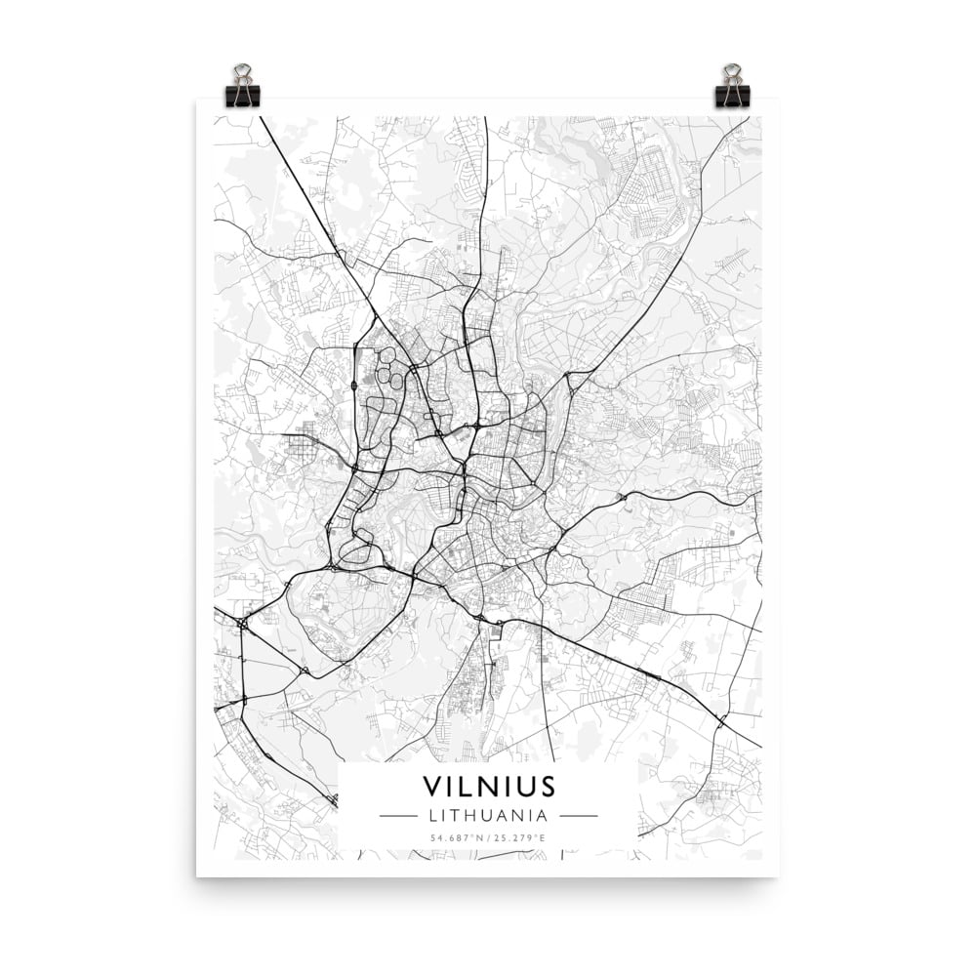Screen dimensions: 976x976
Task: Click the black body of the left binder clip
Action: pyautogui.click(x=242, y=96)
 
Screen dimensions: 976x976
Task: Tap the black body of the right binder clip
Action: pyautogui.click(x=732, y=96)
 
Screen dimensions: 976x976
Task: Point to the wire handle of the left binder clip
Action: pyautogui.click(x=242, y=73)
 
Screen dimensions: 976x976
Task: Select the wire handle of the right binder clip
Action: pyautogui.click(x=732, y=73)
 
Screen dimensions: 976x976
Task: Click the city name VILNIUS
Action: pyautogui.click(x=489, y=787)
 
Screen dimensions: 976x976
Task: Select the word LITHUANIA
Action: pyautogui.click(x=488, y=815)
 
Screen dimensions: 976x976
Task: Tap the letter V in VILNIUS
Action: pyautogui.click(x=431, y=787)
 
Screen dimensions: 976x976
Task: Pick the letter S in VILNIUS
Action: pyautogui.click(x=547, y=787)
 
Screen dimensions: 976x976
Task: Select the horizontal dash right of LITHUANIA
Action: pyautogui.click(x=579, y=815)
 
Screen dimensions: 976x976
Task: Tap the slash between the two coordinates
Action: pyautogui.click(x=488, y=838)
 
